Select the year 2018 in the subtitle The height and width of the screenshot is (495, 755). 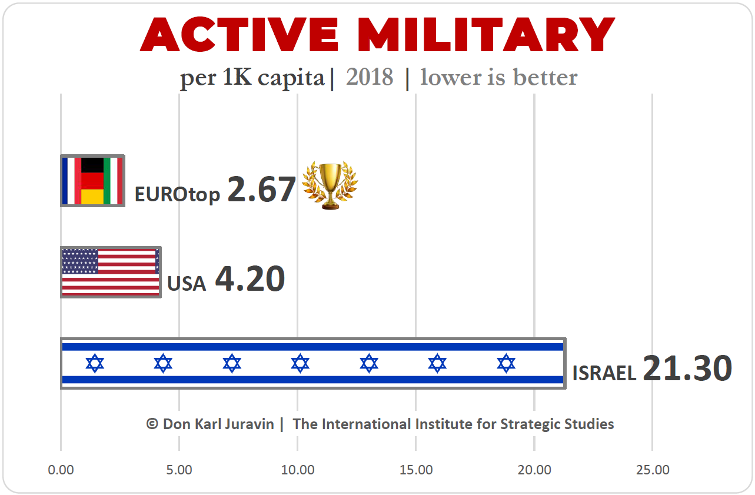pos(370,77)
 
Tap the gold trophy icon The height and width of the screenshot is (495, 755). pos(330,185)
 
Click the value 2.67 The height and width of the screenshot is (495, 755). pos(261,190)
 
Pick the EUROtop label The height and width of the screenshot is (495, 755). pos(177,194)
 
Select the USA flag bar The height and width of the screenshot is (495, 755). pos(111,272)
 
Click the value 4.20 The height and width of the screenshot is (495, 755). pos(250,279)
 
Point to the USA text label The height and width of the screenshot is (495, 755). pos(187,284)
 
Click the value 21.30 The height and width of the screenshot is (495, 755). pos(687,368)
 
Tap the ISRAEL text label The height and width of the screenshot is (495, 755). pos(604,373)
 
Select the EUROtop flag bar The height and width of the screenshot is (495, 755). pos(92,181)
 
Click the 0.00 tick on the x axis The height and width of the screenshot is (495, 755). pos(61,470)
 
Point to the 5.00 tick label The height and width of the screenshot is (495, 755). pos(179,470)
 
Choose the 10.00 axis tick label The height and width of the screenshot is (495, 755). pos(298,470)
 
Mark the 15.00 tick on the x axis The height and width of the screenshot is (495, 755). pos(416,470)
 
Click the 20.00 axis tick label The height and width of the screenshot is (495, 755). pos(534,470)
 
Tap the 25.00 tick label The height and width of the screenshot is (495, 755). pos(653,470)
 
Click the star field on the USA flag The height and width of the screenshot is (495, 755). pos(80,261)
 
